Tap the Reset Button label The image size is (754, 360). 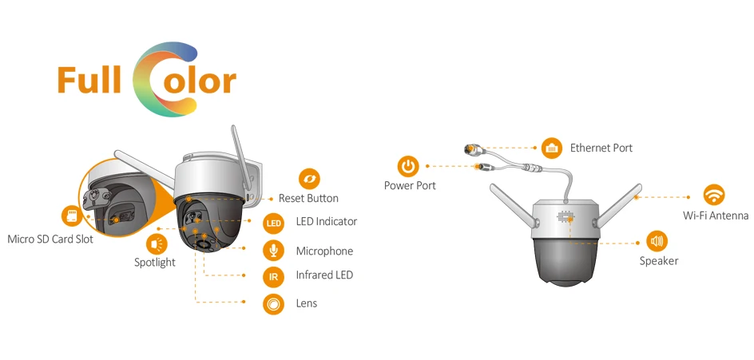(308, 198)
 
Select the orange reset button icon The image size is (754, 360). (309, 179)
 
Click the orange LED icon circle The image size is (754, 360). (274, 222)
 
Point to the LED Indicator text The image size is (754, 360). (326, 221)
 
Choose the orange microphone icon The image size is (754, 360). (274, 251)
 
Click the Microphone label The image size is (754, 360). (324, 251)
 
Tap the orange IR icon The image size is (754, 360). (274, 276)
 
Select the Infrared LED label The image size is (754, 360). (324, 275)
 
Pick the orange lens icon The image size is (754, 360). (274, 303)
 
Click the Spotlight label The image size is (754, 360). (155, 262)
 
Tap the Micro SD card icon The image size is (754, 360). (71, 216)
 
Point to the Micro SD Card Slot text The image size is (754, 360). (50, 239)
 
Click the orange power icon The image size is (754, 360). (408, 166)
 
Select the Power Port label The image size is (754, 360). (410, 186)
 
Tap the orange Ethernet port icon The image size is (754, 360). (552, 148)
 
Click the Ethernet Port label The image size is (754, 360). (601, 148)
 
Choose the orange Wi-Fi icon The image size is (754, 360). (713, 195)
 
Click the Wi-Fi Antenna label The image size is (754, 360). (716, 216)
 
